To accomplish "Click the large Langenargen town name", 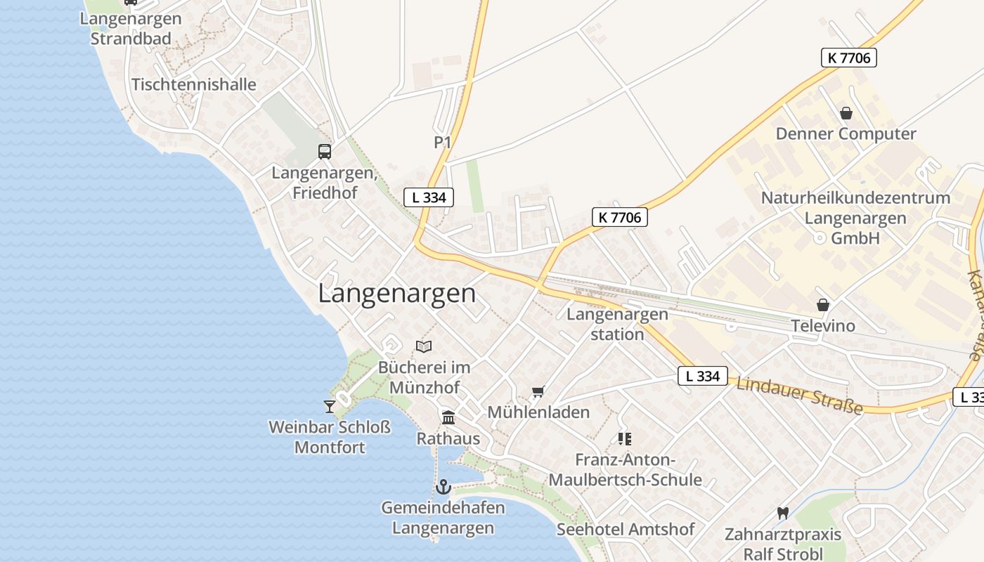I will [397, 293].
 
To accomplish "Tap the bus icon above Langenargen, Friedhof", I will [324, 151].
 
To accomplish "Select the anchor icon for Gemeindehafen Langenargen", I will [443, 486].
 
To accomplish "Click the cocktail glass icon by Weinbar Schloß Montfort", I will [329, 406].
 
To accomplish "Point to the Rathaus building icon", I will [448, 418].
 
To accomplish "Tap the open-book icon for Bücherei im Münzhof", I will [424, 346].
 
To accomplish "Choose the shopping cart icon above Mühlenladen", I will [538, 391].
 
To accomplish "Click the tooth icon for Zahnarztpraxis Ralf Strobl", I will [782, 514].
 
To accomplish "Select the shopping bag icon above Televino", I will [823, 305].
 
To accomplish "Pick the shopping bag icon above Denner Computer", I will [846, 113].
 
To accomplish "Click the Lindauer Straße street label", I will [799, 396].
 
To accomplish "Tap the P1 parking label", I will [442, 143].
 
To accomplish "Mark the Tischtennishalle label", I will [194, 84].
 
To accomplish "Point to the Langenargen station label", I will [617, 324].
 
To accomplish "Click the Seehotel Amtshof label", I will [626, 529].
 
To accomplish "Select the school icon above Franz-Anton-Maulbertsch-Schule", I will [624, 439].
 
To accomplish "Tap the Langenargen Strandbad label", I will [131, 28].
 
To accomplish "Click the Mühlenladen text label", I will [538, 412].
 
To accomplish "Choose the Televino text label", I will [823, 326].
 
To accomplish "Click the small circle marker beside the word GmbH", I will [819, 238].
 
